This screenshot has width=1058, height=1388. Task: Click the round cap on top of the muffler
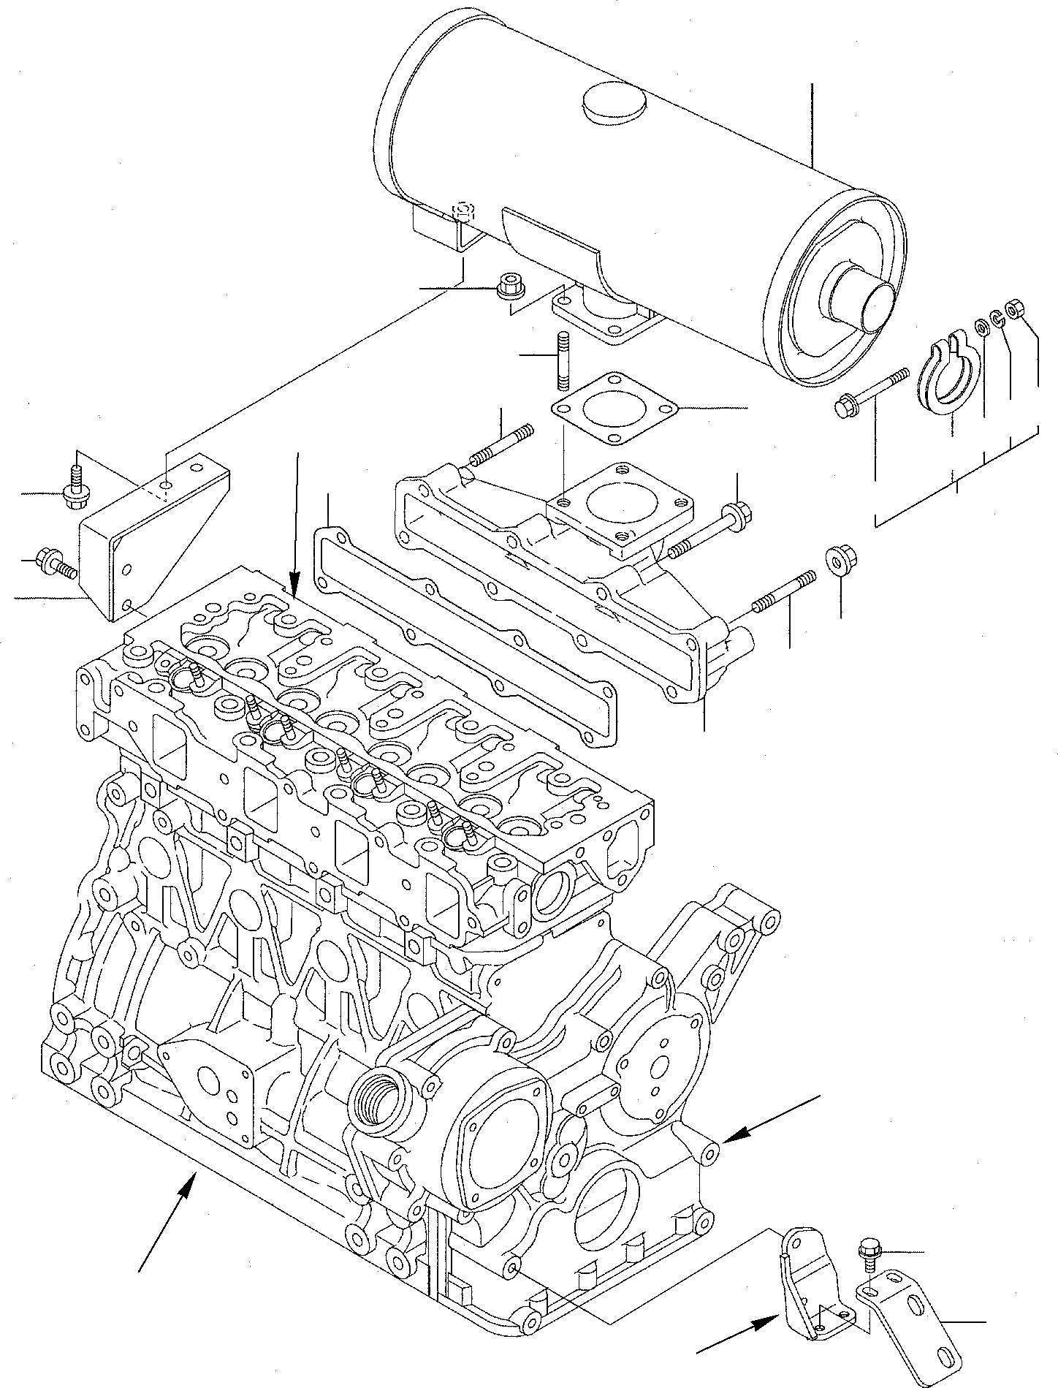tap(614, 105)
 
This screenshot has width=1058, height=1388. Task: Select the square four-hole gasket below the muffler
tap(612, 409)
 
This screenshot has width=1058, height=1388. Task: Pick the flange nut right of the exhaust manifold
tap(840, 561)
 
